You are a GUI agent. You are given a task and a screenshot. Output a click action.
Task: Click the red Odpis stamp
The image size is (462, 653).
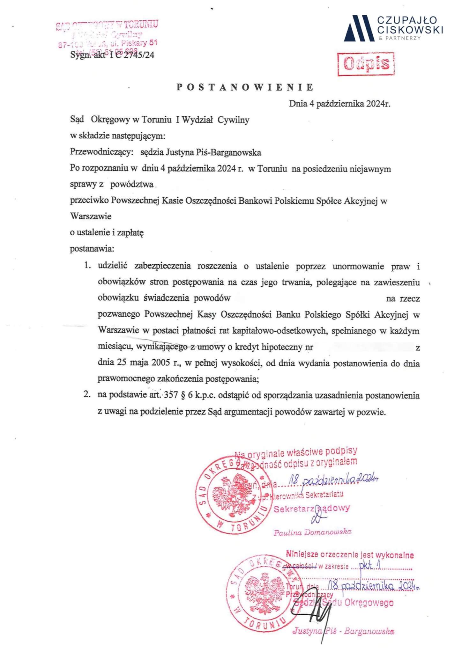[366, 64]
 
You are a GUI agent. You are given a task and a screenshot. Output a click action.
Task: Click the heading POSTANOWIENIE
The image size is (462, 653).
[245, 87]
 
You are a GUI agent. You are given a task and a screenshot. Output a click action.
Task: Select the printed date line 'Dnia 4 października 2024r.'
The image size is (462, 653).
[339, 104]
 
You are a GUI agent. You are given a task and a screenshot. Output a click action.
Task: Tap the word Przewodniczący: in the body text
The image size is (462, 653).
[101, 152]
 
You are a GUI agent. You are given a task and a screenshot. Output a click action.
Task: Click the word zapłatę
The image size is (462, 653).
[130, 233]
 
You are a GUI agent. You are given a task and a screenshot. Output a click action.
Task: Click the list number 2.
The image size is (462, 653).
[87, 395]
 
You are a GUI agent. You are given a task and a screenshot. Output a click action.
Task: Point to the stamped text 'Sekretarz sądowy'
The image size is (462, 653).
[312, 509]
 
